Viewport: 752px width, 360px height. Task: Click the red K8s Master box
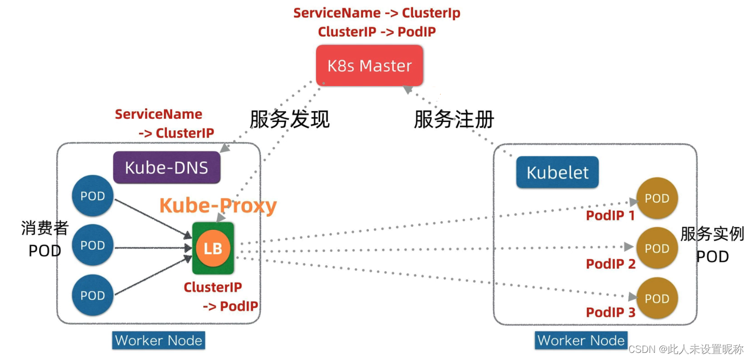point(369,66)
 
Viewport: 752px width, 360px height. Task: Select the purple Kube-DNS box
point(166,167)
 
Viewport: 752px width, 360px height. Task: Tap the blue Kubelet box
point(557,173)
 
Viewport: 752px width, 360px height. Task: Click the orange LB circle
point(213,249)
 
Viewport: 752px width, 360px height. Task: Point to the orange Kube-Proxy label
point(218,206)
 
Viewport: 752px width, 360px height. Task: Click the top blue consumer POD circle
point(93,196)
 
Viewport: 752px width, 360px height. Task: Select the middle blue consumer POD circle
point(93,246)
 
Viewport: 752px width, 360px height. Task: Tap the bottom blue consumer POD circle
point(93,295)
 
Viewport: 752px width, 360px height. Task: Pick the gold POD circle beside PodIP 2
point(657,248)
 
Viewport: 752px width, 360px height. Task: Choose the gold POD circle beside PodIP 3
point(657,298)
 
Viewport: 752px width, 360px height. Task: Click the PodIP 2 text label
point(610,264)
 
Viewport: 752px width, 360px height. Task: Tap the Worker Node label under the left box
point(159,341)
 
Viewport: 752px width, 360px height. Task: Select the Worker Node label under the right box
point(581,341)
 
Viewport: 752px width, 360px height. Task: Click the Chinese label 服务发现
point(289,119)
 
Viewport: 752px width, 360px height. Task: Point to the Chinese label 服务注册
point(453,119)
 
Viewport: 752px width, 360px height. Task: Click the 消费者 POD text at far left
point(45,239)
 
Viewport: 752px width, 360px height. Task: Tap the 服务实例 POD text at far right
point(712,245)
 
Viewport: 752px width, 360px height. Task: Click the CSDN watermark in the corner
point(686,349)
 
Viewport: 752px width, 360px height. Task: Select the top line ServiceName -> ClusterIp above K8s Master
point(377,13)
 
